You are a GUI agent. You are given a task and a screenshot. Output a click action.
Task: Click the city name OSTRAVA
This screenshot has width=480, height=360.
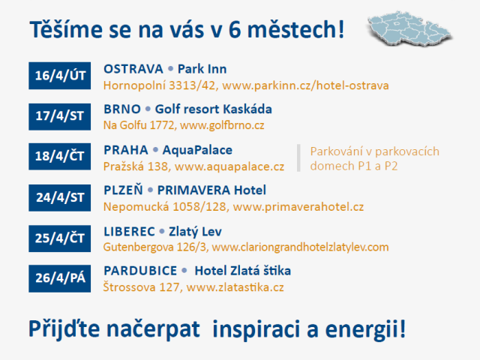pyautogui.click(x=133, y=69)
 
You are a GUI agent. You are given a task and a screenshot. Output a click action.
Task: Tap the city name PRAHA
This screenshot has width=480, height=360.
pyautogui.click(x=125, y=150)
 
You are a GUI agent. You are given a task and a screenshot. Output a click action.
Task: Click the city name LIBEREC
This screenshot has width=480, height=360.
pyautogui.click(x=129, y=231)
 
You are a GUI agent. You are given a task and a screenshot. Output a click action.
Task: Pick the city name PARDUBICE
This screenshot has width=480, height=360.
pyautogui.click(x=140, y=271)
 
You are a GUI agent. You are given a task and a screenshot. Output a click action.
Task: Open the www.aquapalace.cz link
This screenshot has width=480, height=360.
pyautogui.click(x=229, y=166)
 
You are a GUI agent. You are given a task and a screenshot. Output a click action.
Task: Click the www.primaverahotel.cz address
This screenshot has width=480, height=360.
pyautogui.click(x=298, y=206)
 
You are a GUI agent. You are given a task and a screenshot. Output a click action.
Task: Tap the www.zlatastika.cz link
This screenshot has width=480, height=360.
pyautogui.click(x=235, y=287)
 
